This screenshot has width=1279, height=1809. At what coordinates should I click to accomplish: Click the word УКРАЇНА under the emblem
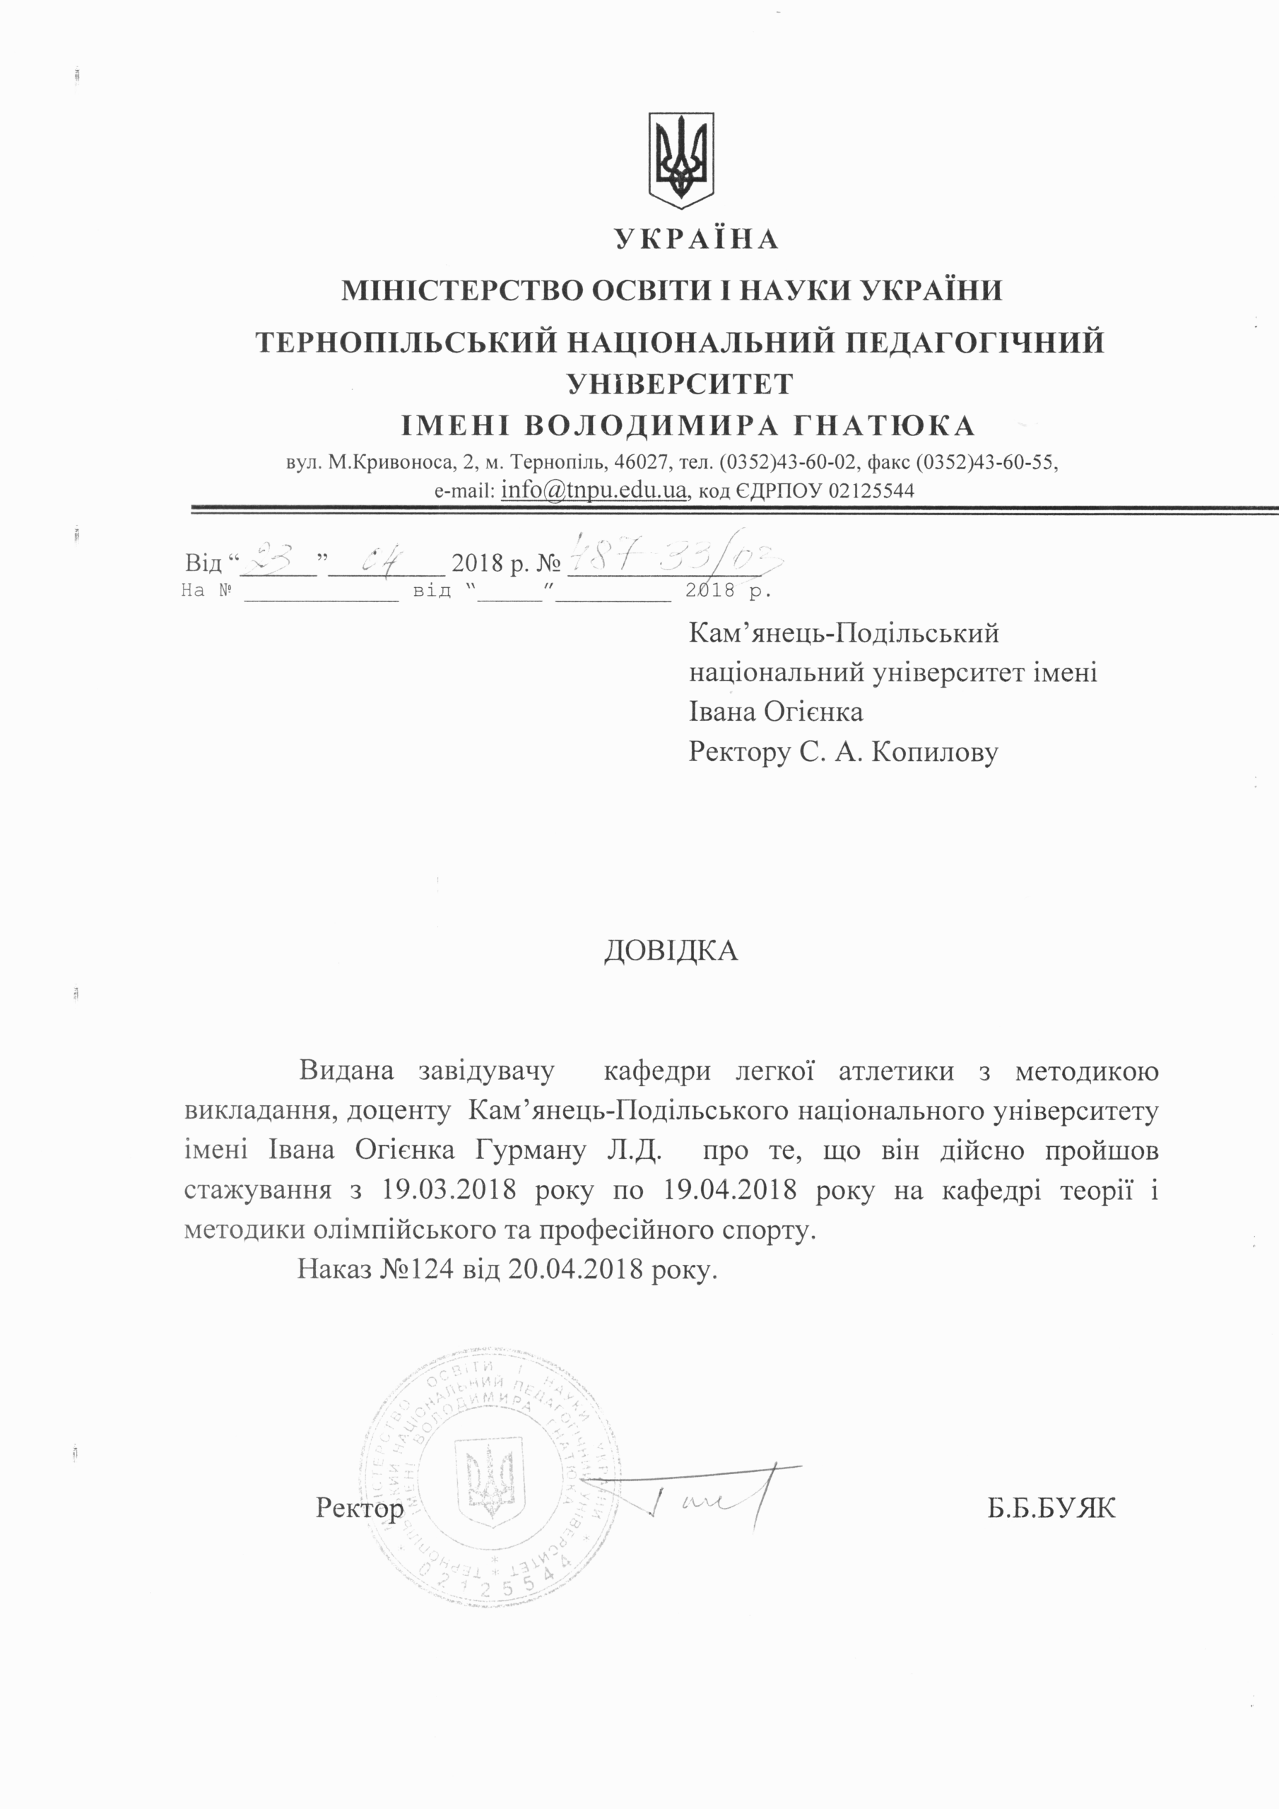pos(697,239)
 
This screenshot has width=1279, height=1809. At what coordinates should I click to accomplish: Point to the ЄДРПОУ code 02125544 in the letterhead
pos(871,491)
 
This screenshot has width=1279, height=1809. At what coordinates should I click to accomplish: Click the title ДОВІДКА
pos(671,951)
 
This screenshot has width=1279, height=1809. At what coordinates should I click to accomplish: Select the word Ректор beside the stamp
pos(360,1508)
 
